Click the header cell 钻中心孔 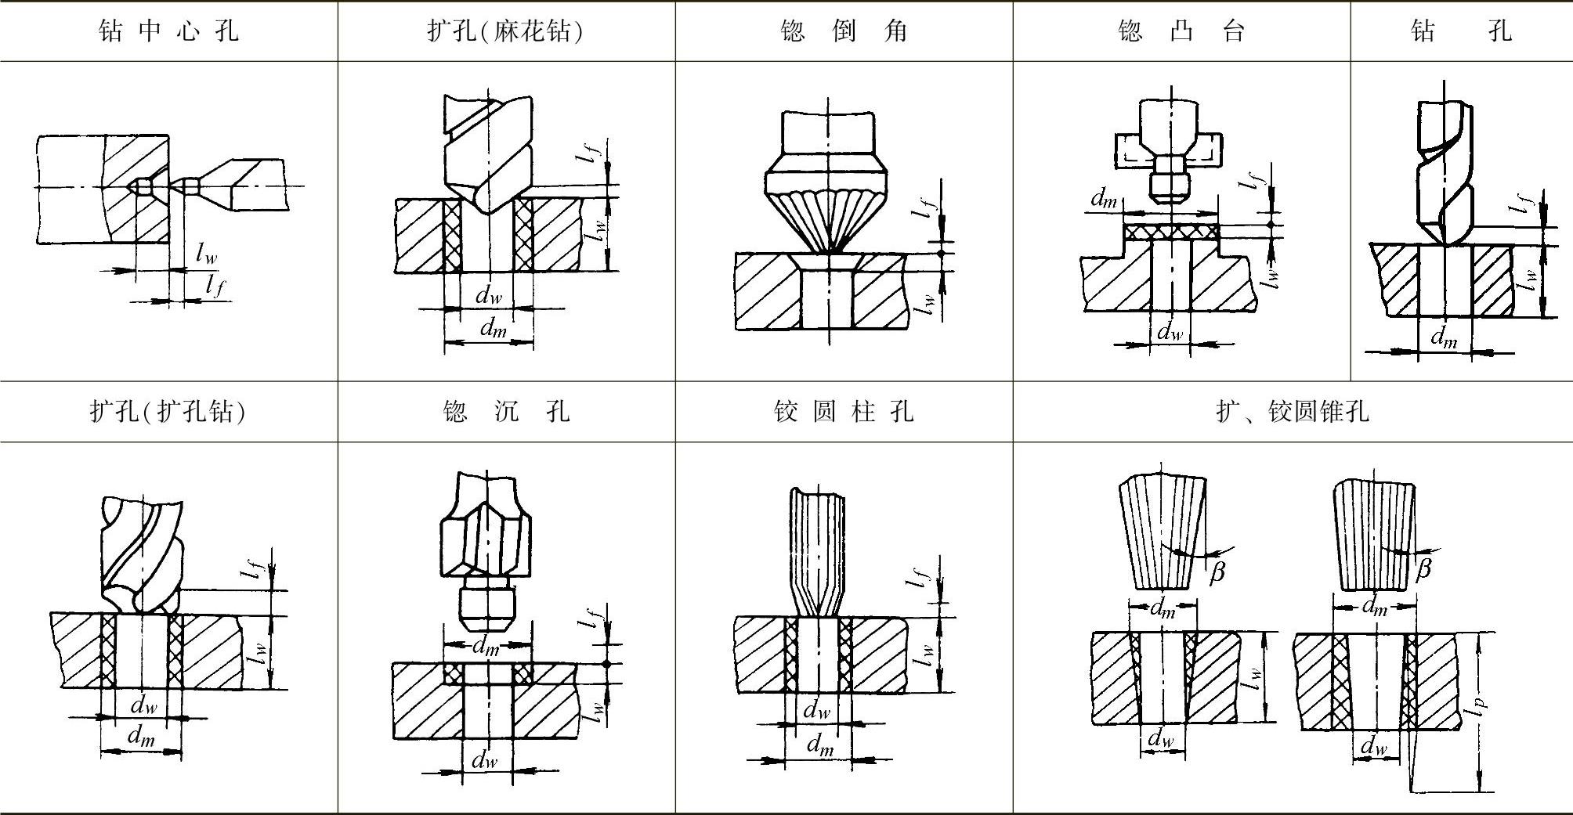(168, 31)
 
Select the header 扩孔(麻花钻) (505, 31)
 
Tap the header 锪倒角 (844, 31)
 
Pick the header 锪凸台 (1181, 31)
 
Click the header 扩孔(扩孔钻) (168, 412)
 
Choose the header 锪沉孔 (505, 412)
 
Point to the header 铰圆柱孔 (844, 412)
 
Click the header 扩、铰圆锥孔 (1293, 412)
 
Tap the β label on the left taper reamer (1217, 572)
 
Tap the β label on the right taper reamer (1423, 568)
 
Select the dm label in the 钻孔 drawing (1444, 337)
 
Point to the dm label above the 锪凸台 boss (1104, 200)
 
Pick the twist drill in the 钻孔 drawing (1445, 172)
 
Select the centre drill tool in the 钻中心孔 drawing (235, 185)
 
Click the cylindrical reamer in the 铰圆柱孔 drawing (819, 548)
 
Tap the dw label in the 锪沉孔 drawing (485, 759)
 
